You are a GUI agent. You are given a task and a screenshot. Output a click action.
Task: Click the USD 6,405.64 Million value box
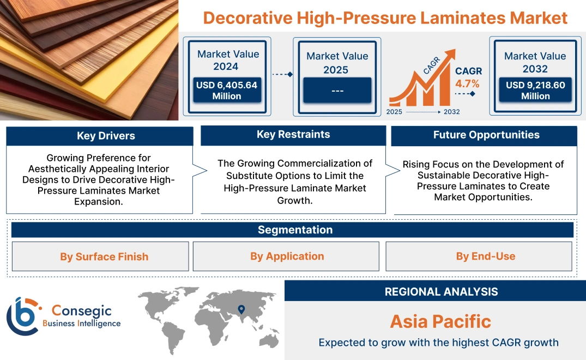tap(226, 91)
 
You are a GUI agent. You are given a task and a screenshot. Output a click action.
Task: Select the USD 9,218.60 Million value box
tap(535, 91)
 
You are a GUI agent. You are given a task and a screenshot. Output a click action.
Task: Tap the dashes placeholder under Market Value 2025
tap(337, 91)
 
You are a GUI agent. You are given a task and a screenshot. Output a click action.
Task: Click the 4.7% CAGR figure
tap(467, 83)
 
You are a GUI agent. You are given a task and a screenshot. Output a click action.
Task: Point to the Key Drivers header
tap(99, 136)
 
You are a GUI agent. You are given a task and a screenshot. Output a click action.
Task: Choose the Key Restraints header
tap(293, 135)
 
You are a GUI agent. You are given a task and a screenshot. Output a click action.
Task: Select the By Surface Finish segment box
tap(104, 256)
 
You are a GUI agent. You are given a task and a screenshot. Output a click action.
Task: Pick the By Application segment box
tap(287, 256)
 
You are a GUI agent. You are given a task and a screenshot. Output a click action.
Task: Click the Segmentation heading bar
tap(295, 230)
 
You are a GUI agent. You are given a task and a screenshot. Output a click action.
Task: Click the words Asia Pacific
tap(440, 321)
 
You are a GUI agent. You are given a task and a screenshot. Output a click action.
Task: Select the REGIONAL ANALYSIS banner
tap(441, 292)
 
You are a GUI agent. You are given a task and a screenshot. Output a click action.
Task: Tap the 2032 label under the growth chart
tap(451, 112)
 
